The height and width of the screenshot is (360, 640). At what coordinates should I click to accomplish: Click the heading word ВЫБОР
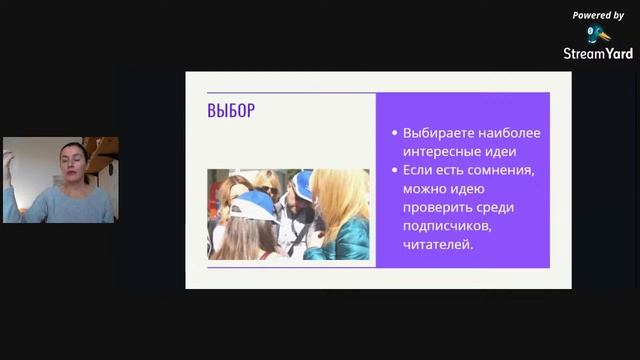[231, 111]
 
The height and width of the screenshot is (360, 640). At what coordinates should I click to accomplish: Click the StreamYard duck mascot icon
[598, 33]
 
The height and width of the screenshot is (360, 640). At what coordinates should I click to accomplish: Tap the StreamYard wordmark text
[598, 54]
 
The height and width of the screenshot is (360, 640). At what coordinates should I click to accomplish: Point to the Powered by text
[598, 15]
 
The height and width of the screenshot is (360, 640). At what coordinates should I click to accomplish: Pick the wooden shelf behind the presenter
[102, 149]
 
